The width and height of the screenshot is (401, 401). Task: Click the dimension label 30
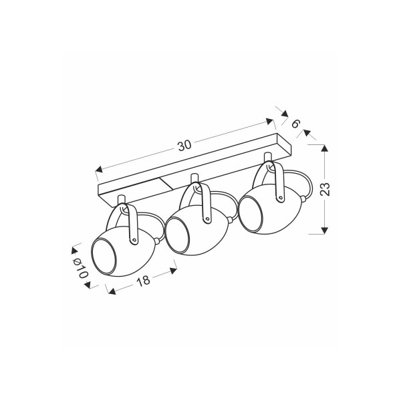184,146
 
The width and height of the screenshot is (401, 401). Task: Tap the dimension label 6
295,124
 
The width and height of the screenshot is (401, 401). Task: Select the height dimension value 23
325,189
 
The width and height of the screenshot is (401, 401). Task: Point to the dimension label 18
143,281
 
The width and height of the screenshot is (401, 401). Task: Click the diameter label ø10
81,268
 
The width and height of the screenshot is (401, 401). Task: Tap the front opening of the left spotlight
104,255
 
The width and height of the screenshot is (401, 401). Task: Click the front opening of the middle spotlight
178,233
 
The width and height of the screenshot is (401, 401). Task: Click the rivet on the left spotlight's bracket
134,240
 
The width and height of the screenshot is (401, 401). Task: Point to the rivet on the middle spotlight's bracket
207,219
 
